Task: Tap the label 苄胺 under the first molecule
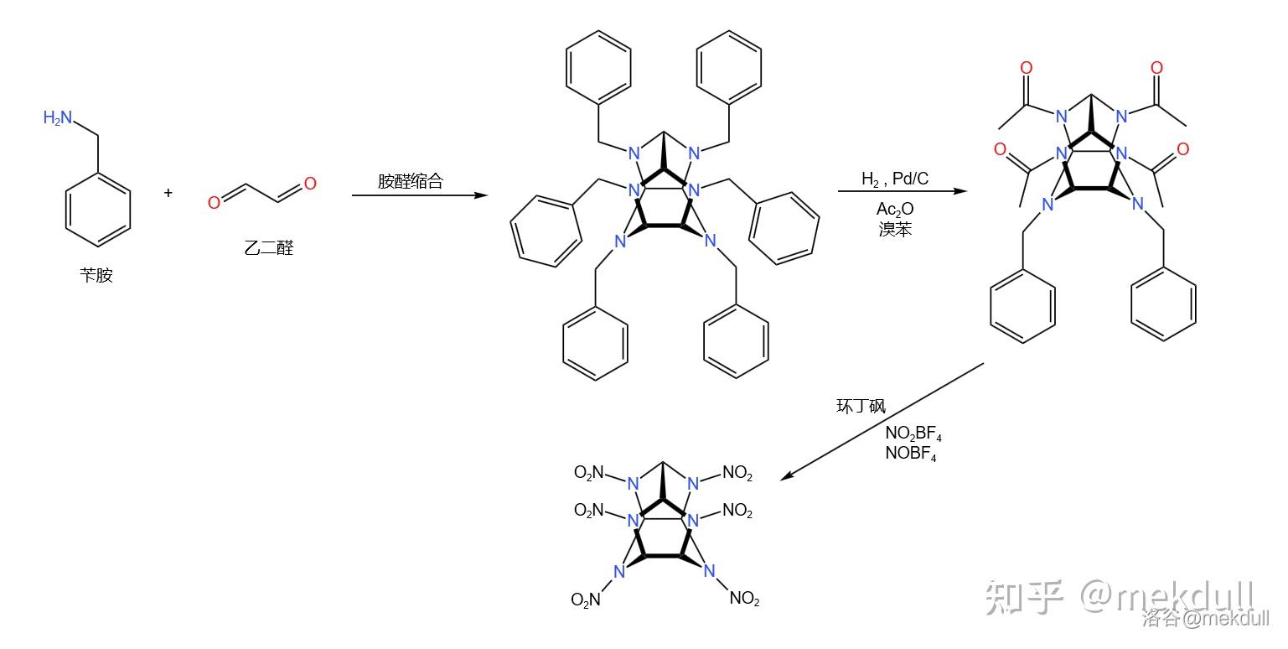(x=96, y=275)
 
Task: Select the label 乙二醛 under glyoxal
(x=269, y=247)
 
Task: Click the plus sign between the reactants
(x=168, y=193)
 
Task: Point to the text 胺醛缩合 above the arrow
(x=410, y=181)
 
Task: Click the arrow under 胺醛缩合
(x=419, y=195)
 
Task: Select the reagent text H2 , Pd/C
(x=895, y=179)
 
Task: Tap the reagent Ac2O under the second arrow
(x=895, y=210)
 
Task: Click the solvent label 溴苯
(x=895, y=229)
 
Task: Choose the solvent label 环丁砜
(x=861, y=407)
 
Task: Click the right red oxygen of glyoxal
(x=310, y=184)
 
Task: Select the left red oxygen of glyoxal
(x=215, y=202)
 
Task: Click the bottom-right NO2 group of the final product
(x=744, y=599)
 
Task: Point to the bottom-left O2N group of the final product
(x=586, y=600)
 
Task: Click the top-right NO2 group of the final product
(x=737, y=474)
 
